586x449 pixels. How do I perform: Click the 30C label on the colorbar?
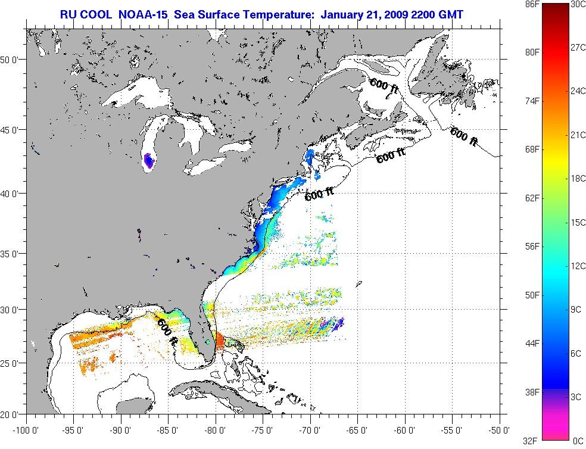[x=576, y=4]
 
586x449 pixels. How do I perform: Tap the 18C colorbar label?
[x=576, y=179]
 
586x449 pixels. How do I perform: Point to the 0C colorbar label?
[x=576, y=441]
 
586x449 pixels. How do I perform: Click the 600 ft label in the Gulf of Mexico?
[x=167, y=333]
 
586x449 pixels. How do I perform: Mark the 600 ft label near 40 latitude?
[x=319, y=194]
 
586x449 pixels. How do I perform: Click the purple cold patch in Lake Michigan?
[x=149, y=161]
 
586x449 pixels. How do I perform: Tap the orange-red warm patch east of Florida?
[x=219, y=341]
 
